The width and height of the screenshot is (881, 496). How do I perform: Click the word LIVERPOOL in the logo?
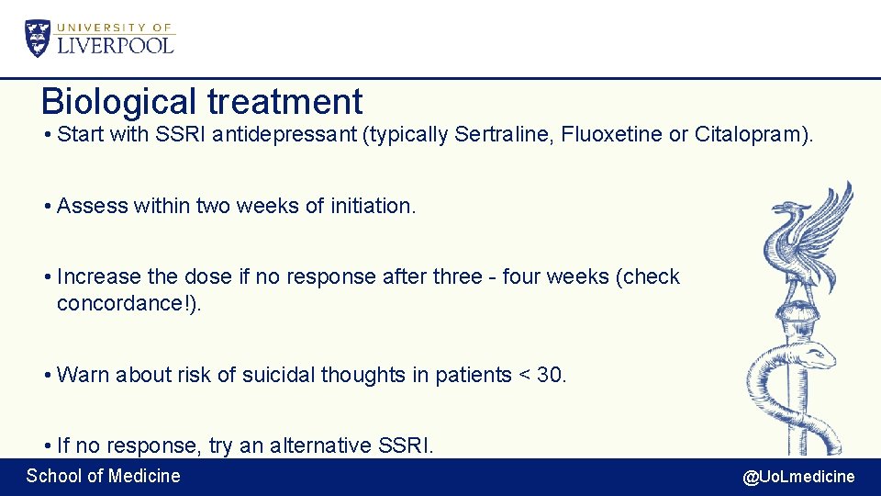pyautogui.click(x=116, y=45)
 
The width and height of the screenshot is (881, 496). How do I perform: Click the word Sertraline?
pyautogui.click(x=492, y=135)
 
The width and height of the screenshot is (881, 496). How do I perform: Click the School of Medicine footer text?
pyautogui.click(x=103, y=476)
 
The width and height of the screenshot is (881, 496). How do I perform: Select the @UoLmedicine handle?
pyautogui.click(x=797, y=476)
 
